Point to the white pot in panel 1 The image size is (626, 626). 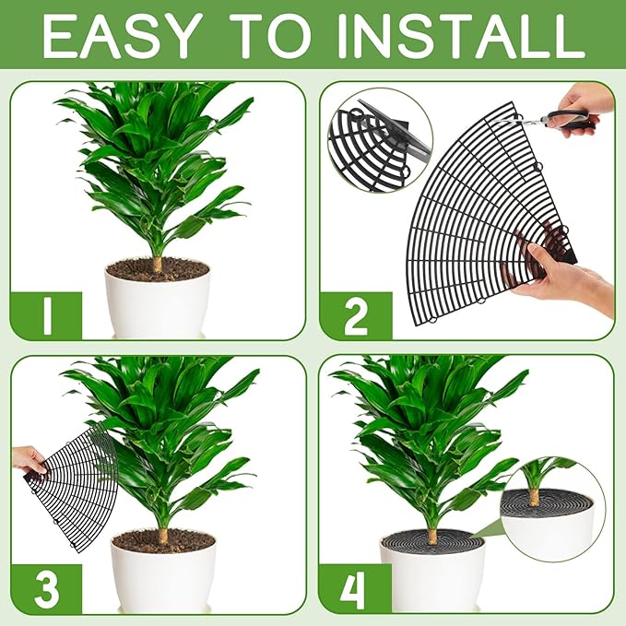click(x=156, y=305)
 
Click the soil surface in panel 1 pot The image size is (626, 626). click(x=157, y=269)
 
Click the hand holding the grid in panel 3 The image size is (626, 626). click(x=28, y=459)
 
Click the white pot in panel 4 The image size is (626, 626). click(x=433, y=581)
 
